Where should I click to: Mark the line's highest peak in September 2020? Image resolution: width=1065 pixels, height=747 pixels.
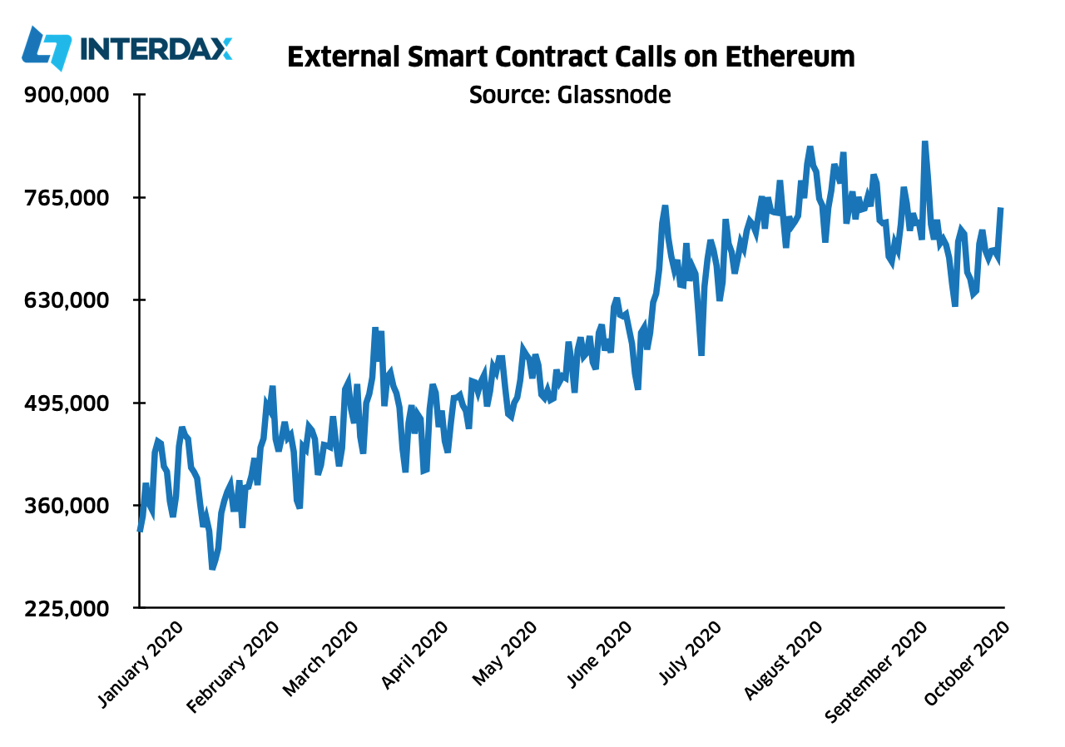click(924, 143)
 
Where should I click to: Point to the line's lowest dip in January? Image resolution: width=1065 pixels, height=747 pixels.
click(212, 568)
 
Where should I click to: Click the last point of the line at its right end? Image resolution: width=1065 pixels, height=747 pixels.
click(1001, 209)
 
